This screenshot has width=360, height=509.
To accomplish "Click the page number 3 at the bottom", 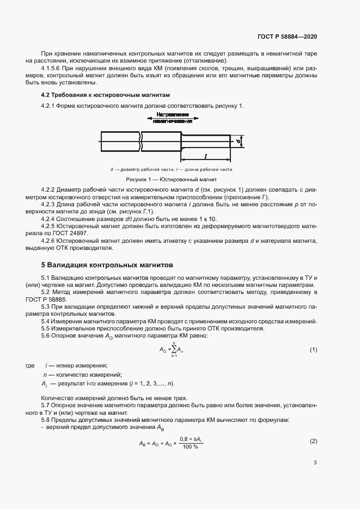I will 315,463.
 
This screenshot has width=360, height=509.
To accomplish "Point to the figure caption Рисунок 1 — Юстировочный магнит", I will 172,179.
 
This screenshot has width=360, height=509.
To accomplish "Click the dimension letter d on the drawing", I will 239,141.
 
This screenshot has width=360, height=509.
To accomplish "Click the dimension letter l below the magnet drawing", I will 205,156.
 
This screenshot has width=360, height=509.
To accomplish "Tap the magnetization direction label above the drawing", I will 173,118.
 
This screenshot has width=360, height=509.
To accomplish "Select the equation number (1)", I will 313,349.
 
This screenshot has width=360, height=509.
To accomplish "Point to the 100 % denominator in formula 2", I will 191,447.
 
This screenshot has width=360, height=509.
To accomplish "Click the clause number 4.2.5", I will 50,225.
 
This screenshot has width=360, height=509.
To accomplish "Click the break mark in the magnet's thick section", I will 141,142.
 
